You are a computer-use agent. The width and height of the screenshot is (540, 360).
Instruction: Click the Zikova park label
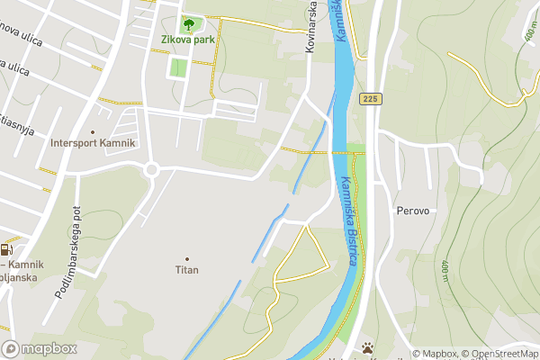pos(187,40)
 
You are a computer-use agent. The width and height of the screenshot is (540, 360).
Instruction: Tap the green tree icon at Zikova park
pos(188,23)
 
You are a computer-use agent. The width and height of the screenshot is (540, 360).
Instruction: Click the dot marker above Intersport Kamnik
pos(93,131)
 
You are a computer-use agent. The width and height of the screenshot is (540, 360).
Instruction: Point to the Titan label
pos(186,269)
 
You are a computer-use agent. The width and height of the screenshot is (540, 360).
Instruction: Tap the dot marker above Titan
pos(187,257)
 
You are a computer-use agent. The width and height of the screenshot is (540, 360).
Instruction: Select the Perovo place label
pos(415,211)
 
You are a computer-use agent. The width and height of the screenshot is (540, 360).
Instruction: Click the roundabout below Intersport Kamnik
pos(151,169)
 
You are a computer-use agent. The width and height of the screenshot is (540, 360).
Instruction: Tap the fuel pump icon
pos(7,251)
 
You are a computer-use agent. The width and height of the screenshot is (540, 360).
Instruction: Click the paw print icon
pos(368,347)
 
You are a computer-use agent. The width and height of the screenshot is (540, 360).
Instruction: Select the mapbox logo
pos(40,348)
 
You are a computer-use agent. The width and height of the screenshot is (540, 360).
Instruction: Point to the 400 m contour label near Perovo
pos(444,268)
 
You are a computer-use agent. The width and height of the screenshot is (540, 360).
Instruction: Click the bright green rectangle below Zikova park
pos(179,67)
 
